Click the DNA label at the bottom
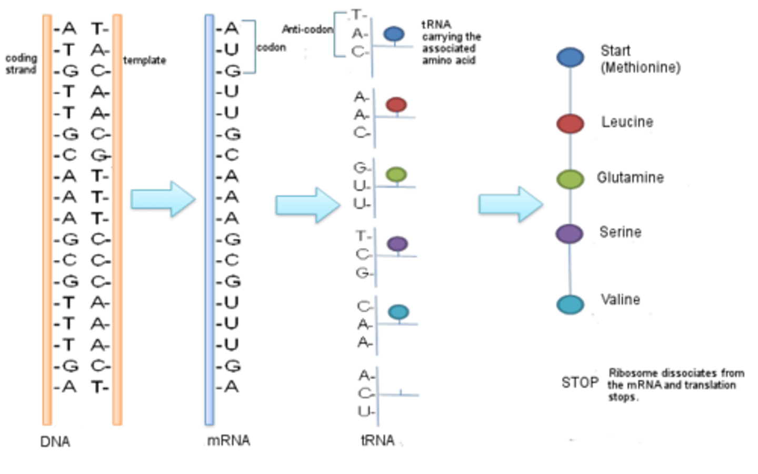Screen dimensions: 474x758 [55, 441]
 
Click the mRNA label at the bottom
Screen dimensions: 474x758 [227, 441]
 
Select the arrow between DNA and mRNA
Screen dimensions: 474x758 [163, 200]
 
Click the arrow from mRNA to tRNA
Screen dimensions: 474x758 [308, 206]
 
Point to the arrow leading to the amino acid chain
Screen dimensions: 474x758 [511, 205]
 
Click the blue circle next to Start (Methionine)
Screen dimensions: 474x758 [571, 57]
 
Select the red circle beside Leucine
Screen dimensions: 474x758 [571, 124]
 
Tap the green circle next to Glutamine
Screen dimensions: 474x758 [571, 179]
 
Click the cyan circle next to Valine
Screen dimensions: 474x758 [571, 304]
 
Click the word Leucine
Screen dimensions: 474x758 [627, 122]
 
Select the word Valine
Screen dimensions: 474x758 [620, 300]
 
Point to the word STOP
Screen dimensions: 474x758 [580, 382]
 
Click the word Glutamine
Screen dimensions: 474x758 [630, 178]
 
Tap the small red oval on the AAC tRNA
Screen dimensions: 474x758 [396, 104]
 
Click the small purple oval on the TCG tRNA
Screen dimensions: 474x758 [397, 244]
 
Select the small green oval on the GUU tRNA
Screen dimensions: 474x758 [396, 174]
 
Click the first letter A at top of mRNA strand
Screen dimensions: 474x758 [232, 29]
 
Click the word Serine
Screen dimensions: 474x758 [621, 232]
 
